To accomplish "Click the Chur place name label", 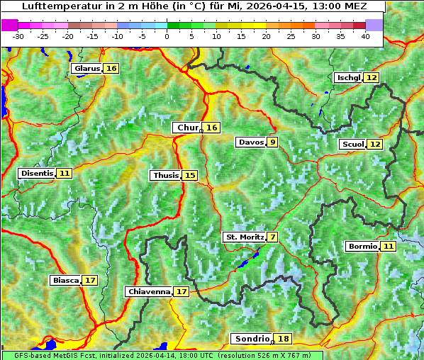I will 188,128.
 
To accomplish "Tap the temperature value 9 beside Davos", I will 273,142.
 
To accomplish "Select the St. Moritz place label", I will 245,237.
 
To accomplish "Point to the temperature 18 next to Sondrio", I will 284,339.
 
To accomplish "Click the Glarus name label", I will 87,69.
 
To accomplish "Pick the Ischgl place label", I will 349,77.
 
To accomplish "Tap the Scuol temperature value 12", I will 375,145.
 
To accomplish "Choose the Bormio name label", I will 362,247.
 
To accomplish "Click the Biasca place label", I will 66,281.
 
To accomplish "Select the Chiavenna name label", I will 149,291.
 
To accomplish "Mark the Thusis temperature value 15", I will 190,175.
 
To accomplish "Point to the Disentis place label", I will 37,173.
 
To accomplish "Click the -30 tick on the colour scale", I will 18,36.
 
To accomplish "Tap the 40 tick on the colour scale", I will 365,36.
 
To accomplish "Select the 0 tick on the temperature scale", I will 167,36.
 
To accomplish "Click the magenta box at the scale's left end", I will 10,24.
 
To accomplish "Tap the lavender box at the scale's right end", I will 374,24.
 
